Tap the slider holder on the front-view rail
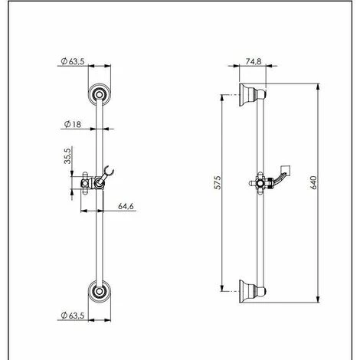point(97,183)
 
